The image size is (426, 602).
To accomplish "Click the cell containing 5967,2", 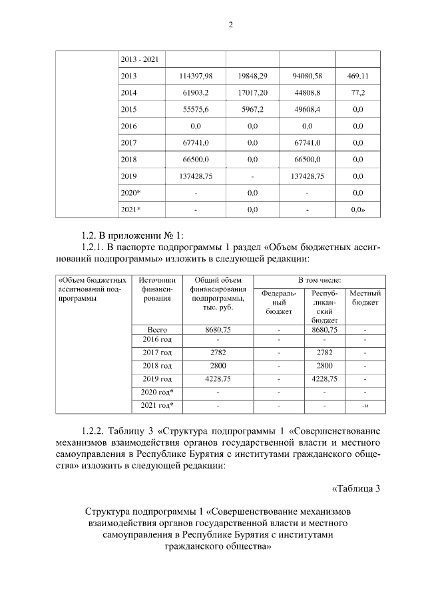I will click(252, 109).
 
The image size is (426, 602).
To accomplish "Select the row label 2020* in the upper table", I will click(131, 192).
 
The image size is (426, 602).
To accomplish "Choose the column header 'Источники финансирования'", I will click(158, 289).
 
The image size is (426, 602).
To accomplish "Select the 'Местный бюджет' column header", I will click(365, 298).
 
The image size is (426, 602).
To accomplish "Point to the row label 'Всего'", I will click(158, 329).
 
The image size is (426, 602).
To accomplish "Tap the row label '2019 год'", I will click(158, 378).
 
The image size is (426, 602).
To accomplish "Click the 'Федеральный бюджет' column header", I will click(279, 301).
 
